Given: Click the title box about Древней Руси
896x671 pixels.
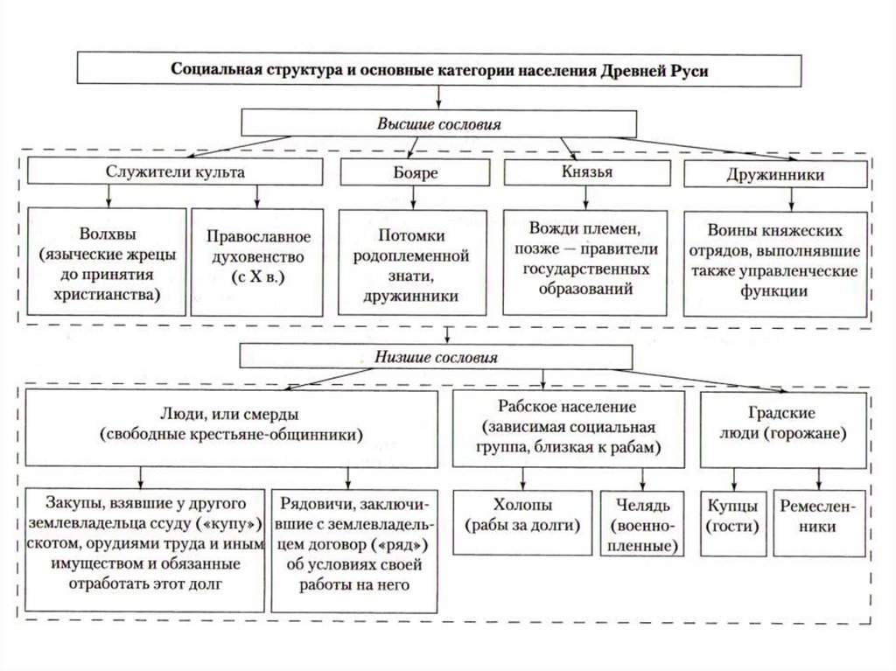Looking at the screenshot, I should tap(439, 69).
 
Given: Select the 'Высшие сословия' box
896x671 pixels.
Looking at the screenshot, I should tap(438, 122).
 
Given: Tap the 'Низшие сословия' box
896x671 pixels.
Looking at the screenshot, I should tap(437, 357).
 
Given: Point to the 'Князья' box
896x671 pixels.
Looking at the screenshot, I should tap(587, 171).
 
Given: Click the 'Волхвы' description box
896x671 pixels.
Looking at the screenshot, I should tap(107, 262).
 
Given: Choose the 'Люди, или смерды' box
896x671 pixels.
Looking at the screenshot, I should tap(231, 427).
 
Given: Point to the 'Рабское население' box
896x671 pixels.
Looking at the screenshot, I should tap(568, 428).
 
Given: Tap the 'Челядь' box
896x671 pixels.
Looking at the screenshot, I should tap(642, 524).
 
